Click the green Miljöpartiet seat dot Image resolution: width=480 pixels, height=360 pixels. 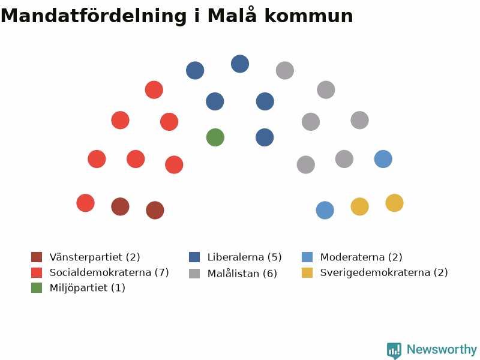(x=215, y=137)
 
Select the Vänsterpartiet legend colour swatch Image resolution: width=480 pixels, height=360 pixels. (x=37, y=257)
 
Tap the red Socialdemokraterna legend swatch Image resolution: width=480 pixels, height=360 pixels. (x=37, y=272)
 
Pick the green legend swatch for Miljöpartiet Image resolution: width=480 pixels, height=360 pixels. (x=37, y=288)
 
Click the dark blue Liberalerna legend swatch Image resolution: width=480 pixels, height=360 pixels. (x=194, y=257)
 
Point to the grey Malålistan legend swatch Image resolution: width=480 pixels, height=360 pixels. (x=194, y=274)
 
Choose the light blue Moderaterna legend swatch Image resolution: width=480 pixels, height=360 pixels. (x=307, y=257)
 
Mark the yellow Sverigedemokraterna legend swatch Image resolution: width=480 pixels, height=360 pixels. (x=307, y=272)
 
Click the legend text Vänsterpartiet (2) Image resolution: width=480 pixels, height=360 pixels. (x=95, y=257)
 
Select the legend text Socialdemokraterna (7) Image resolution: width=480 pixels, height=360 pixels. (x=109, y=272)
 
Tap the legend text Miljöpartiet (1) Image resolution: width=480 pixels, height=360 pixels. (x=88, y=288)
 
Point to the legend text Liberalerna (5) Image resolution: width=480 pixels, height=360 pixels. (x=245, y=257)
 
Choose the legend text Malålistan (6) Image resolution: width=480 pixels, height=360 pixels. (x=242, y=273)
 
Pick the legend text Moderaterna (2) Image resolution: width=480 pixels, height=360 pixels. (x=361, y=257)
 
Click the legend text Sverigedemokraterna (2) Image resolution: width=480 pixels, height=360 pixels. (x=384, y=272)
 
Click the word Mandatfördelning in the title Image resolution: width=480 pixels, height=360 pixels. (x=94, y=16)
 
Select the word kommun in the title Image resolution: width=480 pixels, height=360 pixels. (x=308, y=16)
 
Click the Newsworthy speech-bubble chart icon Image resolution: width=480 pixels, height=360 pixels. (x=394, y=350)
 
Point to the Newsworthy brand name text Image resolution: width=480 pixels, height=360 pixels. (x=442, y=350)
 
